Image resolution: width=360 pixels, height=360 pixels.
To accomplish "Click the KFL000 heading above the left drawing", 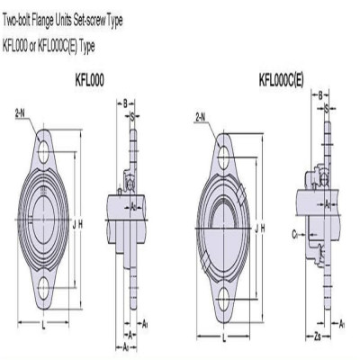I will pos(89,79).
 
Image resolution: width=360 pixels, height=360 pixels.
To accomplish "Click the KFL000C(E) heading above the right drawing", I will pos(281,79).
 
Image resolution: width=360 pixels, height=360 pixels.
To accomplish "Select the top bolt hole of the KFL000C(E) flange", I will pos(223,158).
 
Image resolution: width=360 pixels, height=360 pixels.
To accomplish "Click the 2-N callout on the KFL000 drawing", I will pos(19,112).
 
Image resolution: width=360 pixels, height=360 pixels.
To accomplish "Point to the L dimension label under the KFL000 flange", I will pos(45,321).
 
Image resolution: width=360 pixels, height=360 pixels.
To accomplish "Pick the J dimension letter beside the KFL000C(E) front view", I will pos(256,229).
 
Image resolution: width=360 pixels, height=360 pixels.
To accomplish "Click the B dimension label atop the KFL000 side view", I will pos(127,103).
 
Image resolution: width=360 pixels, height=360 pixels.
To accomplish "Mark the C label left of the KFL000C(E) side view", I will pos(293,232).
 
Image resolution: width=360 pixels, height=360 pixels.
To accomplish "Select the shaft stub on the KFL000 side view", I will pos(115,213).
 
